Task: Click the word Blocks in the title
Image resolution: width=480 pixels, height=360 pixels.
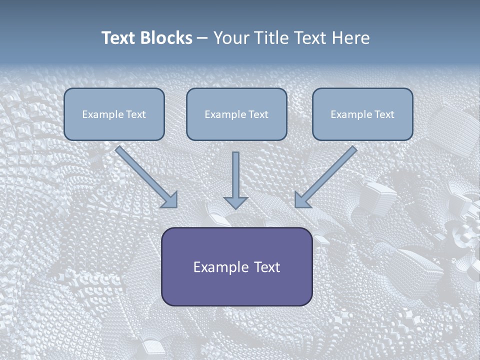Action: (x=166, y=38)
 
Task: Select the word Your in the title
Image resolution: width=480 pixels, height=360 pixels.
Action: (x=231, y=38)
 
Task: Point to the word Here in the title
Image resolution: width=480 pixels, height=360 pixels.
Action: (x=351, y=38)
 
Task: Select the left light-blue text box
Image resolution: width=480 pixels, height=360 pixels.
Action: (x=114, y=114)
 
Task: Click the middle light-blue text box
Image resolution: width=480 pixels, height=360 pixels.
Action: (x=236, y=114)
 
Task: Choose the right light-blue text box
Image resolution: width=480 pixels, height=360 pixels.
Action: (x=363, y=114)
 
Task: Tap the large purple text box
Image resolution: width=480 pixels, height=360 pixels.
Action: (x=237, y=266)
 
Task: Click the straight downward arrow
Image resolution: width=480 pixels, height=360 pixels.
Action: (x=235, y=180)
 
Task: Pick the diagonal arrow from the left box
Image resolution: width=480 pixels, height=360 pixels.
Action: (x=146, y=177)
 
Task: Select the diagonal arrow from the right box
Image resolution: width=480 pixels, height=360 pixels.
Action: (x=325, y=177)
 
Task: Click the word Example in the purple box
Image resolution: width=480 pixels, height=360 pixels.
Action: (x=216, y=267)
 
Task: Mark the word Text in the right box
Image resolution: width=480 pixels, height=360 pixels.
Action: (x=384, y=114)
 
